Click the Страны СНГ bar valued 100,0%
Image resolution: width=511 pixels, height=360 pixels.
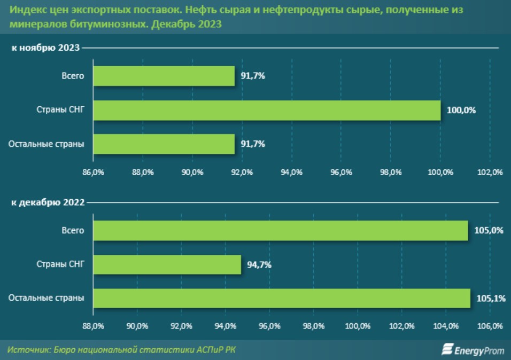coord(267,110)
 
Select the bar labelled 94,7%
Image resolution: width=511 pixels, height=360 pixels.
coord(167,264)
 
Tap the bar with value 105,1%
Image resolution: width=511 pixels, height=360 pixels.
coord(282,298)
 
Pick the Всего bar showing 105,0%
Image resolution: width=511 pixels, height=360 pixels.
coord(280,230)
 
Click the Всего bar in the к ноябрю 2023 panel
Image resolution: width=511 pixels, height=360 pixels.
coord(164,76)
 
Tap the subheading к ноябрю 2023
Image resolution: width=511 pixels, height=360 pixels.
coord(46,48)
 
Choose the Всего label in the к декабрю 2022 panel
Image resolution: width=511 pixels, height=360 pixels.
coord(73,230)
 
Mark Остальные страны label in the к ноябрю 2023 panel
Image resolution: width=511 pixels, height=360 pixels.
coord(47,144)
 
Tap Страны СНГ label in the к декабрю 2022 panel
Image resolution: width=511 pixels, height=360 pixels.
coord(60,264)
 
